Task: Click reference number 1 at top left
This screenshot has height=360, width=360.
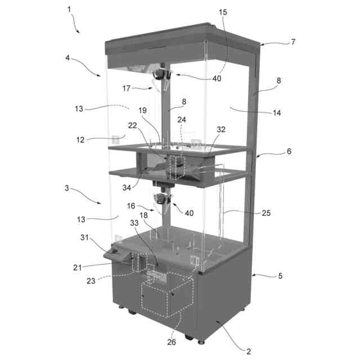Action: click(69, 10)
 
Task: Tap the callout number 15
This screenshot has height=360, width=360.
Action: click(223, 12)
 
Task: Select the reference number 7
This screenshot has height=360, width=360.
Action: click(293, 42)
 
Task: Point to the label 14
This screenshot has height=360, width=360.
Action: click(277, 112)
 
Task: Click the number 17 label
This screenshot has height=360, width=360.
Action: click(127, 88)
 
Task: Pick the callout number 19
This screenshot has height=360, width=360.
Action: click(142, 110)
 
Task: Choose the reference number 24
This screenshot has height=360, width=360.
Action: click(182, 120)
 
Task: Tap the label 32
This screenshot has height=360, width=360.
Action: click(221, 129)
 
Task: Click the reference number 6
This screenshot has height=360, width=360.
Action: click(289, 151)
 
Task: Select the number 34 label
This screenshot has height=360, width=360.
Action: click(127, 188)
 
